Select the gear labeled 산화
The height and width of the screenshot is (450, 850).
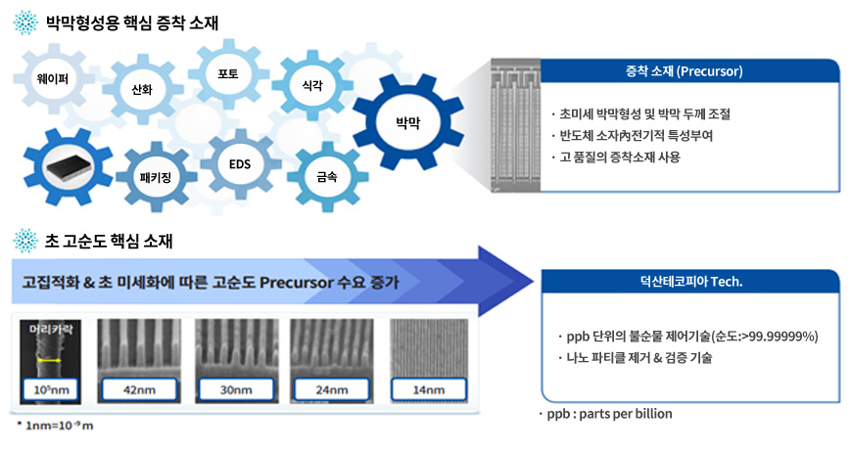click(x=142, y=90)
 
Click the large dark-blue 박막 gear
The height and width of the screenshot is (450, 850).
click(x=407, y=121)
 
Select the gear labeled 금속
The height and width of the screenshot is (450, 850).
click(x=326, y=177)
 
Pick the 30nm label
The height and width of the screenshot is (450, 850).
click(x=232, y=391)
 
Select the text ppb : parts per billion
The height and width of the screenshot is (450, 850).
click(x=609, y=414)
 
